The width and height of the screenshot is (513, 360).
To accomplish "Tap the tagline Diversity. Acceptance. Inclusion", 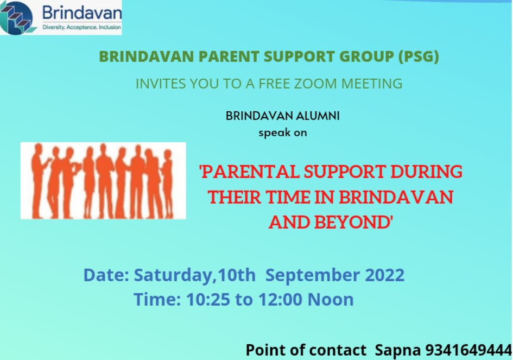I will click(x=81, y=27).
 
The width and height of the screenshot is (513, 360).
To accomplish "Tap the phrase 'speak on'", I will click(x=282, y=132).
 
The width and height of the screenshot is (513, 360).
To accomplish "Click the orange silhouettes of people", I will click(x=103, y=181).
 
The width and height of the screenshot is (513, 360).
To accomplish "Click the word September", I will click(x=313, y=275).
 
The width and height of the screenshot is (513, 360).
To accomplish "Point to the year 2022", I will click(x=384, y=275).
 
